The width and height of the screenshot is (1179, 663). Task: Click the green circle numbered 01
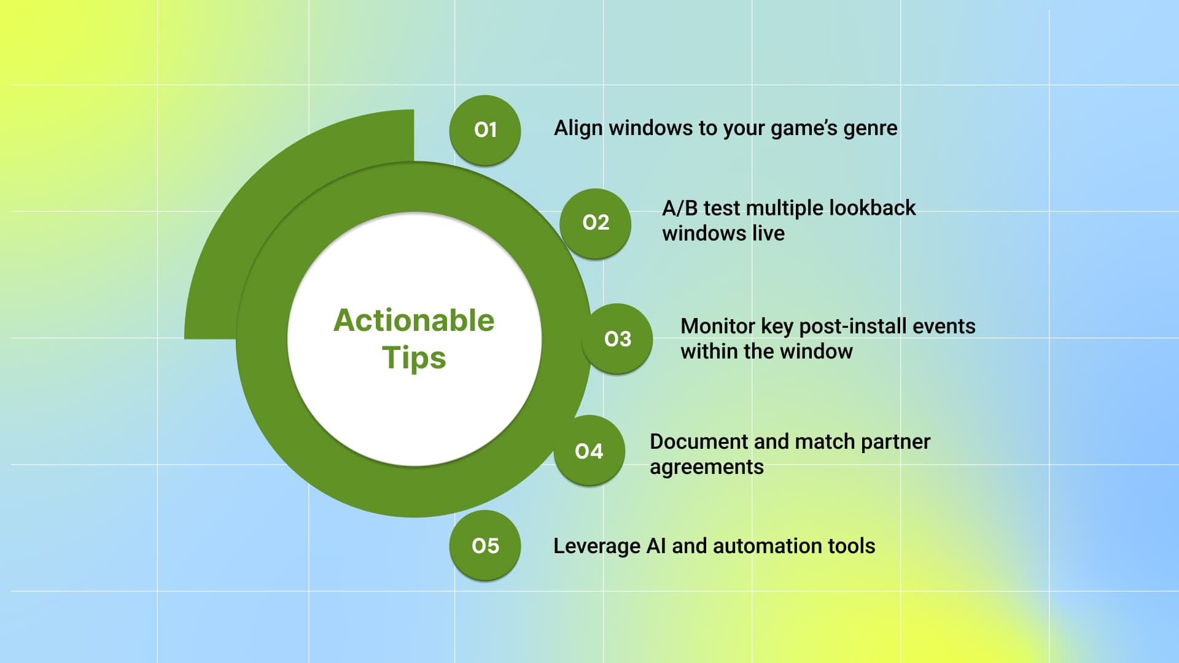pos(484,130)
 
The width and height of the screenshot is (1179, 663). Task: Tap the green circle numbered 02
pos(595,223)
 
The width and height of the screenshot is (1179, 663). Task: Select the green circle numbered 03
pos(617,339)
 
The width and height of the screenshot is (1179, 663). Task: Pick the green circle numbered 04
pos(589,451)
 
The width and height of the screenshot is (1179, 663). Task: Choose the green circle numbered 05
pos(484,546)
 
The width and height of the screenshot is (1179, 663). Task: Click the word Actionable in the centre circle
pos(413,320)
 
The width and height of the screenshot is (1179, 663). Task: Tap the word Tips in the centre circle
pos(413,358)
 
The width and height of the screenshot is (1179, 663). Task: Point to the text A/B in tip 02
pos(679,208)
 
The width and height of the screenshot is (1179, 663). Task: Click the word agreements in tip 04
pos(706,468)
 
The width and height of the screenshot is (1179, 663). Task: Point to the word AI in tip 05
pos(655,546)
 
